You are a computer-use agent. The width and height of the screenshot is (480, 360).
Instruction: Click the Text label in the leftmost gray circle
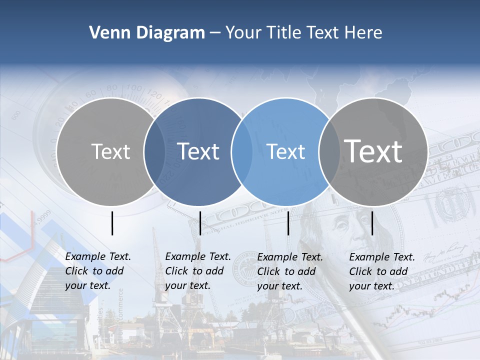click(x=111, y=151)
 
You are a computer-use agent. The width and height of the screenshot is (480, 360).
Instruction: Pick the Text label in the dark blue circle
click(x=198, y=151)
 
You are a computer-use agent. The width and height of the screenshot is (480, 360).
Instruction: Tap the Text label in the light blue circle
click(x=286, y=151)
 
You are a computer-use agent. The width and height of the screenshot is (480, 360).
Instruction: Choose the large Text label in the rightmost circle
click(x=373, y=151)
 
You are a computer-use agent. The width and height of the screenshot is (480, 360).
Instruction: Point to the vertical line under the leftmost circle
click(x=112, y=223)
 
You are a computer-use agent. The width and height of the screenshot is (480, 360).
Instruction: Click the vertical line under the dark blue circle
click(x=200, y=223)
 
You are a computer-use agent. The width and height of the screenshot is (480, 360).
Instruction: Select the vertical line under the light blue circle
click(x=288, y=223)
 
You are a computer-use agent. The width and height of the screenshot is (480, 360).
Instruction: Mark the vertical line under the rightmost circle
click(x=372, y=223)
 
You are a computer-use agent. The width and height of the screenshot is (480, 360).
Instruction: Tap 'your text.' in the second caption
click(x=187, y=285)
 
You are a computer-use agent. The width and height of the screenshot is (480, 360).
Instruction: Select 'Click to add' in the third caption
click(x=286, y=271)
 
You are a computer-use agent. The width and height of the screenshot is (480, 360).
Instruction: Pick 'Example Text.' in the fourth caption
click(x=382, y=257)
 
